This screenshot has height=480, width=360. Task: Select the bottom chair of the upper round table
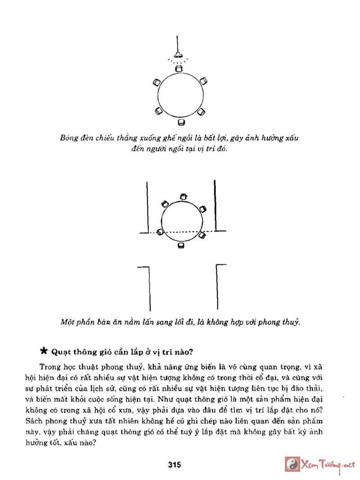pos(181,121)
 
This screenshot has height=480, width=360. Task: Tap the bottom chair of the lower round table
pos(181,246)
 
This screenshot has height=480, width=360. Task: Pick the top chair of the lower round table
pos(183,197)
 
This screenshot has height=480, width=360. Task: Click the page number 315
pos(174,465)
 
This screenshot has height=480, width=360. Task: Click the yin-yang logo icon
pos(293,464)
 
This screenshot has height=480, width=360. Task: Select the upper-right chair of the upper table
pos(204,81)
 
